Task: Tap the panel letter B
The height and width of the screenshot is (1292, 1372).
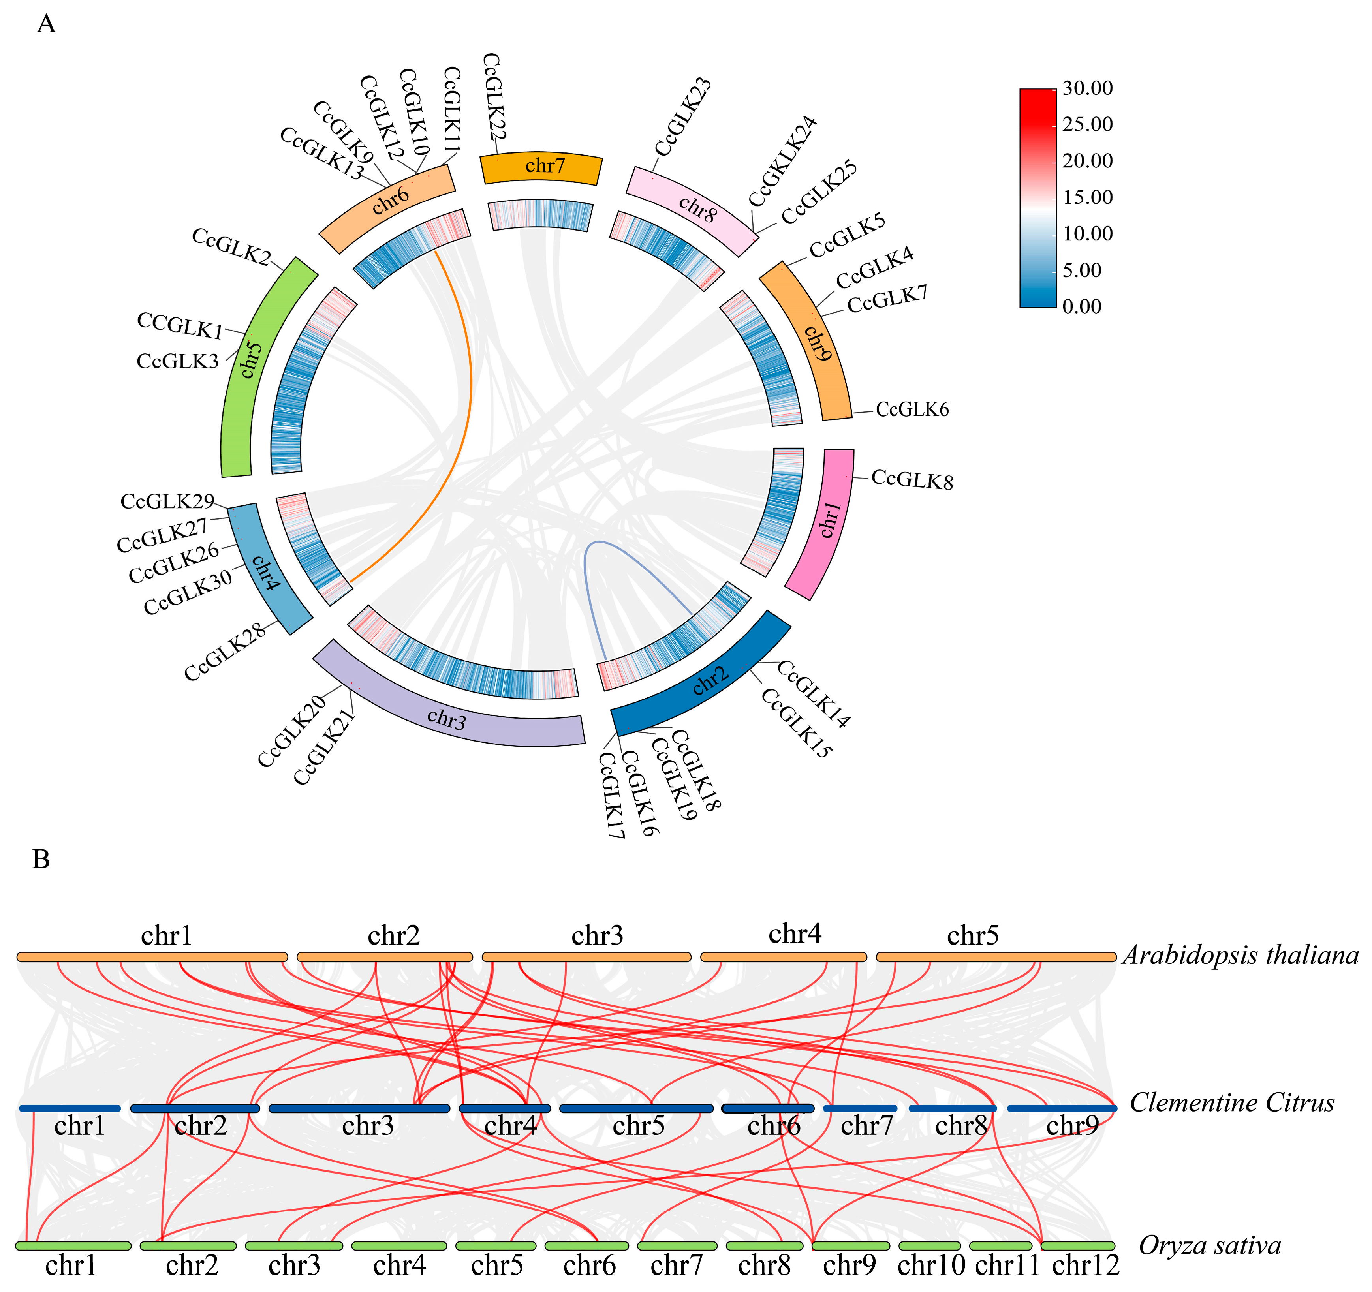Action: tap(41, 859)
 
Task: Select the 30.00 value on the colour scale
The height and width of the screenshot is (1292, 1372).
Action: tap(1088, 88)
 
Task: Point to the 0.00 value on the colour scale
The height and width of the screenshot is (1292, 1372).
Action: tap(1082, 306)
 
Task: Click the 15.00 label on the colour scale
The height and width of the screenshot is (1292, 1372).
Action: tap(1088, 197)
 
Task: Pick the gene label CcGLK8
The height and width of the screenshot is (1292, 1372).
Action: tap(912, 479)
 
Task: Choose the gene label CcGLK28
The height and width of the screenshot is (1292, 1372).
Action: tap(225, 652)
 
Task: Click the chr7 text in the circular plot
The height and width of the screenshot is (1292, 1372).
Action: tap(545, 165)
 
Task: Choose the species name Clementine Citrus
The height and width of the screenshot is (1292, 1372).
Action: tap(1232, 1103)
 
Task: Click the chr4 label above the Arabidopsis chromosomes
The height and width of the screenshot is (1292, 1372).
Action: tap(795, 934)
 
